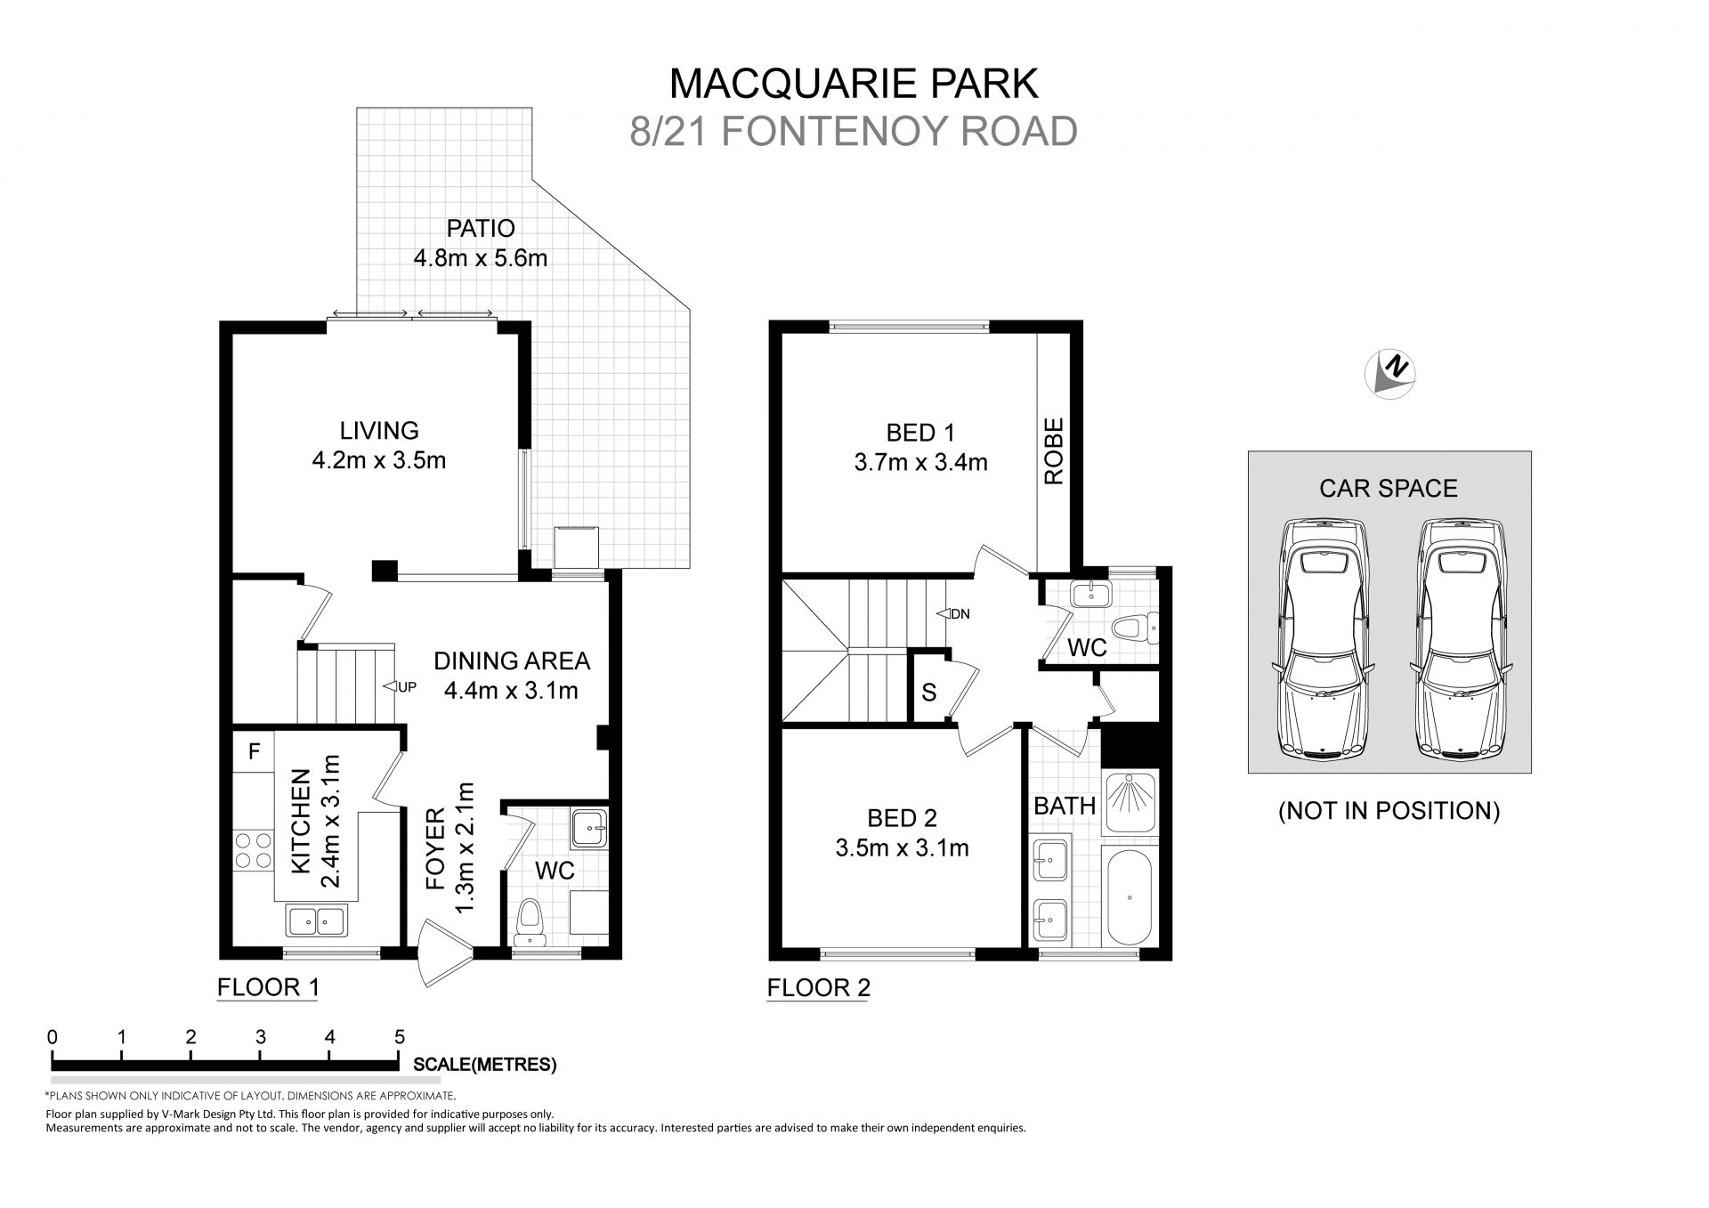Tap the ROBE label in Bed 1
pyautogui.click(x=1054, y=451)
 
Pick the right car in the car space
pyautogui.click(x=1460, y=639)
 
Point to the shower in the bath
pyautogui.click(x=1129, y=803)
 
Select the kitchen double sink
pyautogui.click(x=316, y=920)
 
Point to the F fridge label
pyautogui.click(x=254, y=752)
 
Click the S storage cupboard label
pyautogui.click(x=928, y=693)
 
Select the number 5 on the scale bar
pyautogui.click(x=400, y=1037)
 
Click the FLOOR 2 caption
pyautogui.click(x=818, y=987)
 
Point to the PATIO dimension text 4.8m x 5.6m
pyautogui.click(x=480, y=259)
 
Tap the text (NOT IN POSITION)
pyautogui.click(x=1389, y=811)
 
